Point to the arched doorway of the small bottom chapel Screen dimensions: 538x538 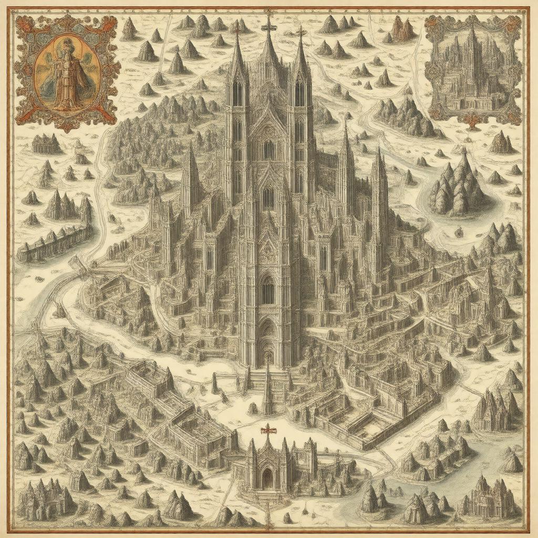tap(268, 477)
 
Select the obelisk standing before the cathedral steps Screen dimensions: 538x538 tap(267, 389)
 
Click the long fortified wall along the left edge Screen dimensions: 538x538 tap(53, 242)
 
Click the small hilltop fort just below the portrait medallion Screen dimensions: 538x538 tap(47, 143)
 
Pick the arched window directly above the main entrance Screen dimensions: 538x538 tap(268, 289)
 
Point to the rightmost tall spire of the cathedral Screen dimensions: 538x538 tap(379, 184)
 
